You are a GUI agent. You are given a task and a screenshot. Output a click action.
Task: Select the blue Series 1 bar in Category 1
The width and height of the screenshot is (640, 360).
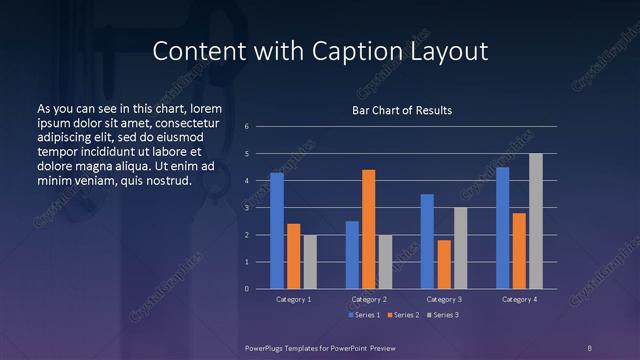[277, 231]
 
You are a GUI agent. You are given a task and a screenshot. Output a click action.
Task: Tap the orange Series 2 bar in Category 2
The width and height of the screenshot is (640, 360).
[368, 229]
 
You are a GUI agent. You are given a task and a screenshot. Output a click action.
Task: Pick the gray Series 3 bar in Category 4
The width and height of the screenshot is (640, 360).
[536, 221]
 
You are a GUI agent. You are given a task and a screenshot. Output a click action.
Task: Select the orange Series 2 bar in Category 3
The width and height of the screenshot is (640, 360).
[444, 264]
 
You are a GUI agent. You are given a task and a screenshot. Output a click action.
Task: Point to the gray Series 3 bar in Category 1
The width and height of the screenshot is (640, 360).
[310, 262]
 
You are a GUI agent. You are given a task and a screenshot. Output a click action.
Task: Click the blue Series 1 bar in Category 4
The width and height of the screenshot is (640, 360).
[502, 228]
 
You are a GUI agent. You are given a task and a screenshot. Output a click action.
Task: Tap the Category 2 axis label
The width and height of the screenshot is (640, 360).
[370, 299]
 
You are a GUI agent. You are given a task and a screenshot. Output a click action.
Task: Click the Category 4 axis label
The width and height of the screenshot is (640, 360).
[519, 299]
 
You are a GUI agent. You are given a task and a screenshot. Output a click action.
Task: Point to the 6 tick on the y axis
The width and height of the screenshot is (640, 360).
[247, 127]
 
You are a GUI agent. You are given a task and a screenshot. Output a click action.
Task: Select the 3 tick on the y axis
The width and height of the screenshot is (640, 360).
[247, 208]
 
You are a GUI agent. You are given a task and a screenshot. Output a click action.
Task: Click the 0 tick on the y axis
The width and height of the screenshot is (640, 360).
[247, 289]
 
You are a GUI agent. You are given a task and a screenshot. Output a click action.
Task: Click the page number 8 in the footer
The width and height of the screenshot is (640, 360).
[590, 347]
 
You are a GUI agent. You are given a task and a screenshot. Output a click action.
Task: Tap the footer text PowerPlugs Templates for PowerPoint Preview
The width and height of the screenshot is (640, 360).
[319, 347]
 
